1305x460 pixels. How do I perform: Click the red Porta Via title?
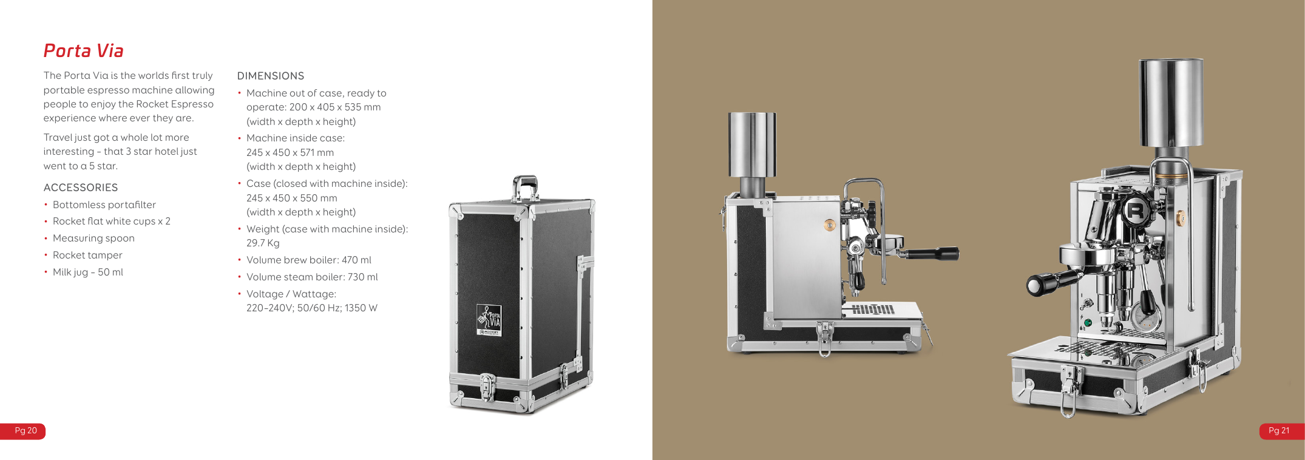84,51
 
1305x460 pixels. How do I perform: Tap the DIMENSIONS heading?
271,76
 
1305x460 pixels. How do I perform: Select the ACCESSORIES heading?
81,188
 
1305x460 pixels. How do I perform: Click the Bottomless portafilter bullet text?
104,205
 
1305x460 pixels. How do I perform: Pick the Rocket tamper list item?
87,255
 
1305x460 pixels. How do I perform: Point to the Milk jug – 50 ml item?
88,272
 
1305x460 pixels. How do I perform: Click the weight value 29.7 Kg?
263,243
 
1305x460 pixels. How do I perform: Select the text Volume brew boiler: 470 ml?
309,260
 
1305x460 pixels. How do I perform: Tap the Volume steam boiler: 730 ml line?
312,277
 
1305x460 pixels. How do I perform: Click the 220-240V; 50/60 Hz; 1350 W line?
312,308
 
